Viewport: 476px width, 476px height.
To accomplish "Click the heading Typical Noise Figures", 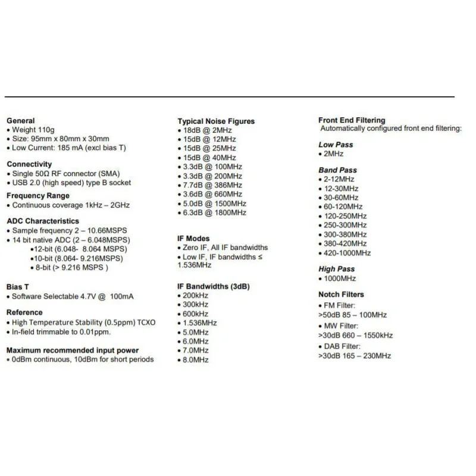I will [216, 121].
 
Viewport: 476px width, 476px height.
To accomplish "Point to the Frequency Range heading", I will [38, 196].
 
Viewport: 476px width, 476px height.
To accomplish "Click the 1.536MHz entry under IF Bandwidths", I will [200, 323].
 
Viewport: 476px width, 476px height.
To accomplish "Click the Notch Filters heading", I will [341, 295].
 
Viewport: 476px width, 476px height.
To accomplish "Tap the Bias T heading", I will [18, 287].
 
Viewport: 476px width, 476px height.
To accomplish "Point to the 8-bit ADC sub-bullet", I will [71, 268].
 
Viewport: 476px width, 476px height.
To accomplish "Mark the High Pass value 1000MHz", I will [339, 278].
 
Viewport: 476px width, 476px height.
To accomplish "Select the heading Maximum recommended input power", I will [73, 350].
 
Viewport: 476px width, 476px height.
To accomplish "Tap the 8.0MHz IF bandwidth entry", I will [195, 360].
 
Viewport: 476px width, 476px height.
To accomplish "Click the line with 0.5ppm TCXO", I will [83, 322].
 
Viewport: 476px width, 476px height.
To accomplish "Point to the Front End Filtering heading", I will [352, 120].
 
